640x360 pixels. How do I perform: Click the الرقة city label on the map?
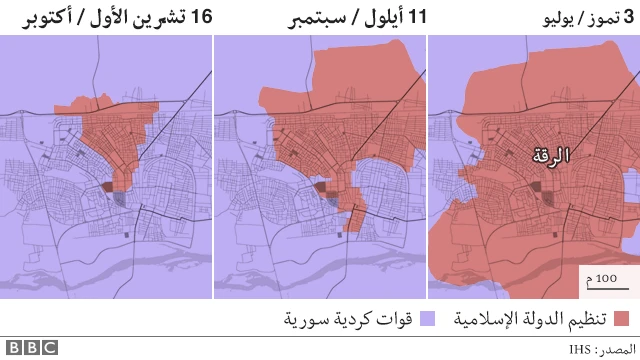(549, 156)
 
